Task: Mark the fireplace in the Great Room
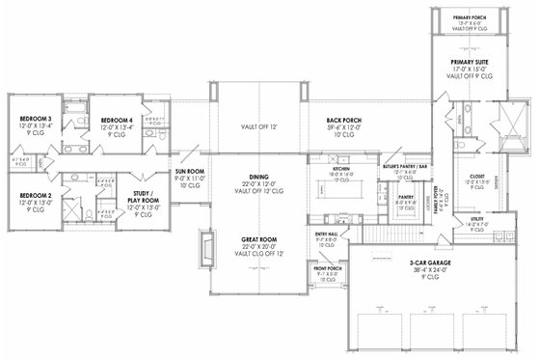[x=205, y=248]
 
